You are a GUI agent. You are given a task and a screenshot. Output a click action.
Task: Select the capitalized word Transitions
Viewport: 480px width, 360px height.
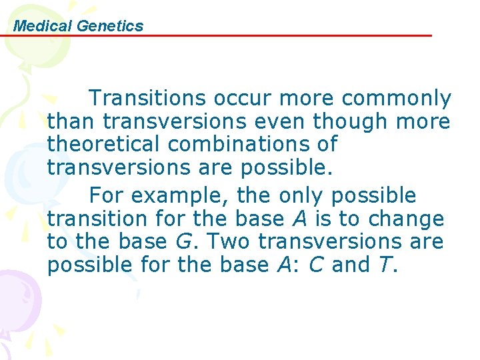148,99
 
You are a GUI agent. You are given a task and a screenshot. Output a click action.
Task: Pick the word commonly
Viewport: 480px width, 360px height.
397,99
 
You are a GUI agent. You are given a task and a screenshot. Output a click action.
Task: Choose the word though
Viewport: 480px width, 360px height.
351,122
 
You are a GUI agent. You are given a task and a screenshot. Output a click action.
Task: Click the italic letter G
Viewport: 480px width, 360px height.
183,241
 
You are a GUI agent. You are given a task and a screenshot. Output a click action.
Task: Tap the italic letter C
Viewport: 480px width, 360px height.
316,265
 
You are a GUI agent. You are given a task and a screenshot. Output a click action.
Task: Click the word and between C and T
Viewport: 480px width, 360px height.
350,265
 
